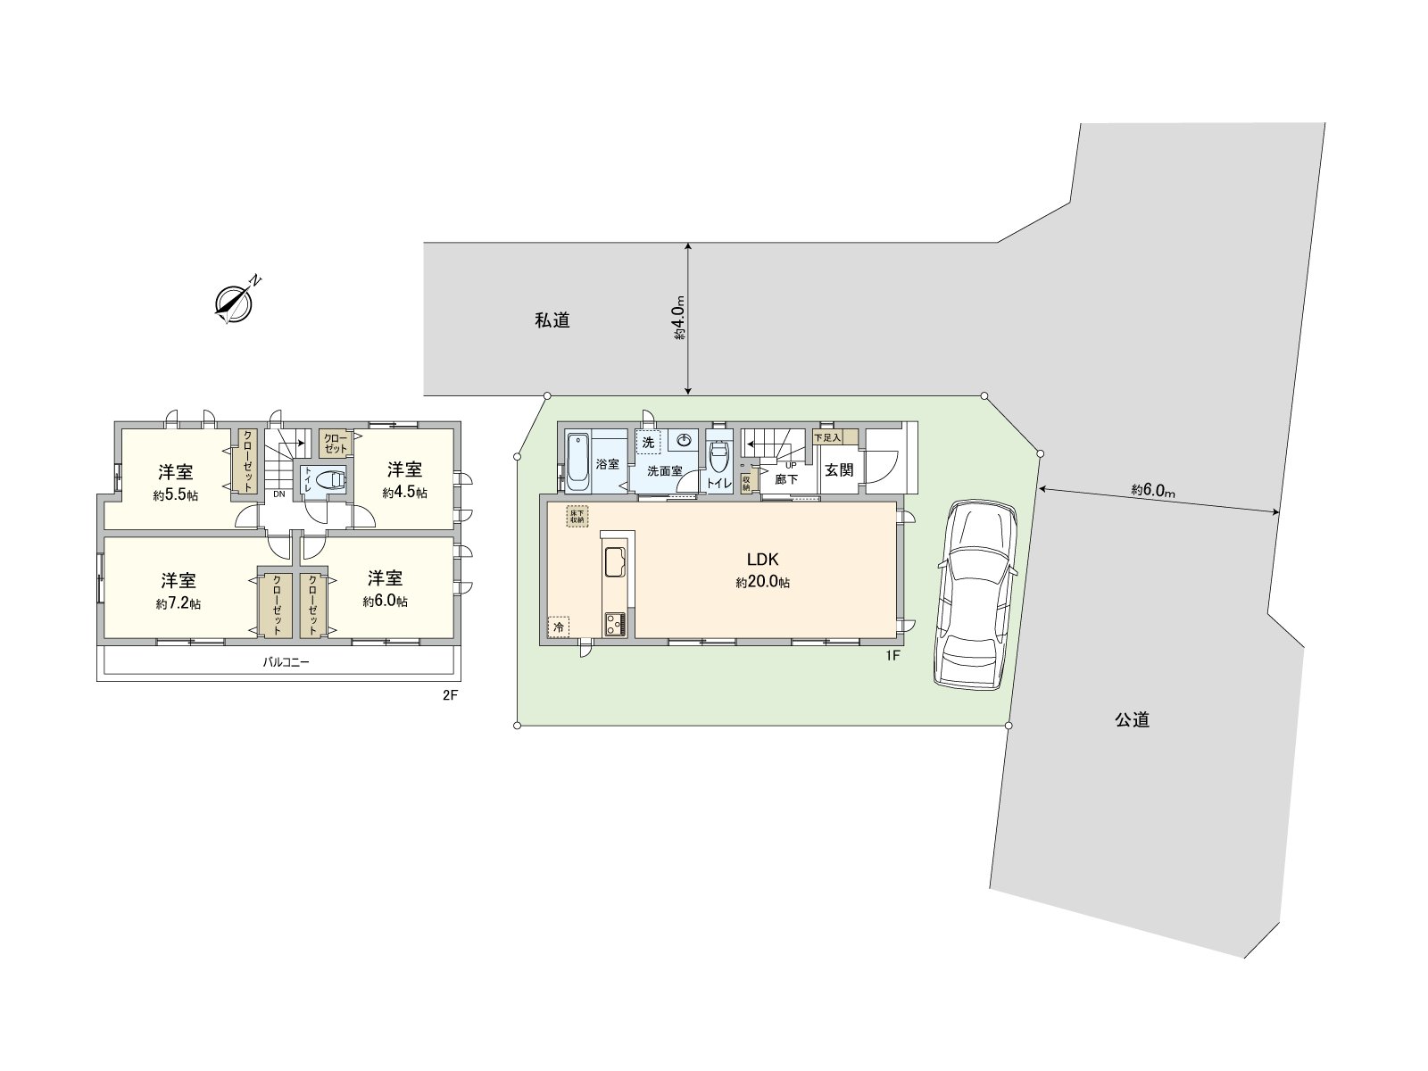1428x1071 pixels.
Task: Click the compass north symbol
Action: tap(235, 302)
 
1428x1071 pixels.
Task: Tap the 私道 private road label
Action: tap(552, 320)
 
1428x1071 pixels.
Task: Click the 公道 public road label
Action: tap(1132, 719)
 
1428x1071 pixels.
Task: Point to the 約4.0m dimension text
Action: tap(679, 319)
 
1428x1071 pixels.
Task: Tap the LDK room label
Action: tap(763, 560)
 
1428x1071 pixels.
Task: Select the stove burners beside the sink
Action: tap(616, 622)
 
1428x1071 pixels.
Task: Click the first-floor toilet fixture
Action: tap(719, 460)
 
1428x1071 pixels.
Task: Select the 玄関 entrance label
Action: tap(839, 469)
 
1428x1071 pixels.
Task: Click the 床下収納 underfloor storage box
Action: tap(577, 517)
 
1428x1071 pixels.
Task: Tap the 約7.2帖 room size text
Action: tap(178, 604)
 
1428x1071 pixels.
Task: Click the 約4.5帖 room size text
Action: tap(404, 493)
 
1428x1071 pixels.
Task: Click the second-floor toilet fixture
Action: tap(330, 479)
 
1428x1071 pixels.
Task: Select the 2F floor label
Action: tap(449, 695)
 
